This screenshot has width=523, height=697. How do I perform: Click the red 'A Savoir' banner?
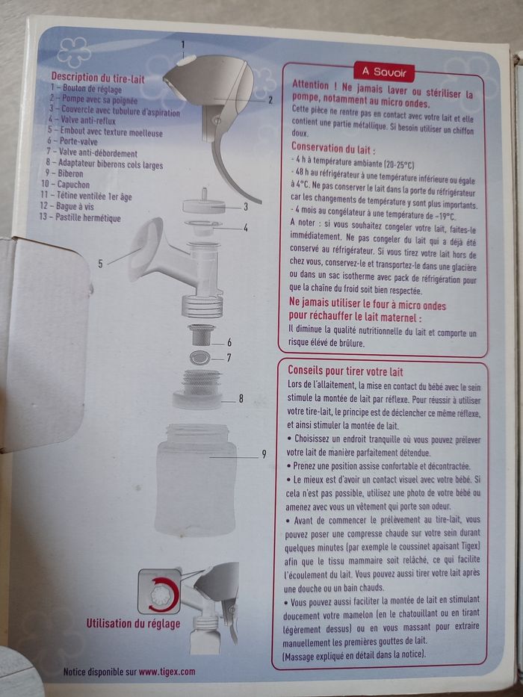coord(384,72)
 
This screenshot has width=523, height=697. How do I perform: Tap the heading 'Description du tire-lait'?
coord(98,78)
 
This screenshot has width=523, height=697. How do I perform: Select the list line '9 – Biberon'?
coord(64,173)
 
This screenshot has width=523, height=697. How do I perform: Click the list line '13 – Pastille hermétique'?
coord(81,218)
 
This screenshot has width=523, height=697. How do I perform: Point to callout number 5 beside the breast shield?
coord(101,264)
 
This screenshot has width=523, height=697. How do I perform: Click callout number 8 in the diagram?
coord(241,399)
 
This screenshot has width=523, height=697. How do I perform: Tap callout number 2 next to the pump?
coord(270,100)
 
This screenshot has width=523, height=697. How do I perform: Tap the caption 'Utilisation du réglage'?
coord(134,623)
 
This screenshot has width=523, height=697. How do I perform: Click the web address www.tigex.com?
coord(167,672)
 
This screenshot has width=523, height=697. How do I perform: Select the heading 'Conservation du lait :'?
coord(333,148)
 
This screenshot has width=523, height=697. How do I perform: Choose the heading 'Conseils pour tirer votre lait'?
coord(345,371)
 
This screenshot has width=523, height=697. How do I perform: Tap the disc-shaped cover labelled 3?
coord(205,205)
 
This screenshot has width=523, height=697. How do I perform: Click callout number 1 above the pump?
coord(182,45)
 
